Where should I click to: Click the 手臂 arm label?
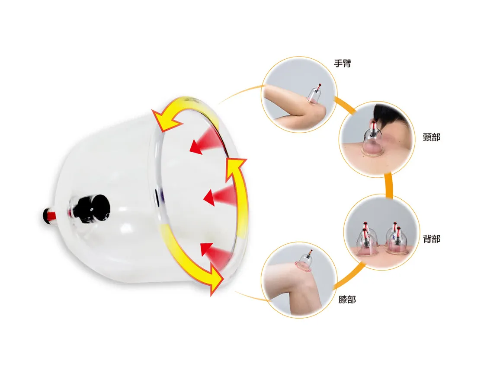tap(342, 63)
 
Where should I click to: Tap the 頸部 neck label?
tap(432, 137)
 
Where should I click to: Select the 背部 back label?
tap(432, 239)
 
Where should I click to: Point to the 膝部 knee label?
tap(347, 300)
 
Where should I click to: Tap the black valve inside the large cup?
tap(93, 208)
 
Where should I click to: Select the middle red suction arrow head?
tap(209, 198)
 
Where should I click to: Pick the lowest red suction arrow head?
tap(207, 249)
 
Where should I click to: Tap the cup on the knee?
tap(304, 261)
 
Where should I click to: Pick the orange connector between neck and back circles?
tap(388, 185)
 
